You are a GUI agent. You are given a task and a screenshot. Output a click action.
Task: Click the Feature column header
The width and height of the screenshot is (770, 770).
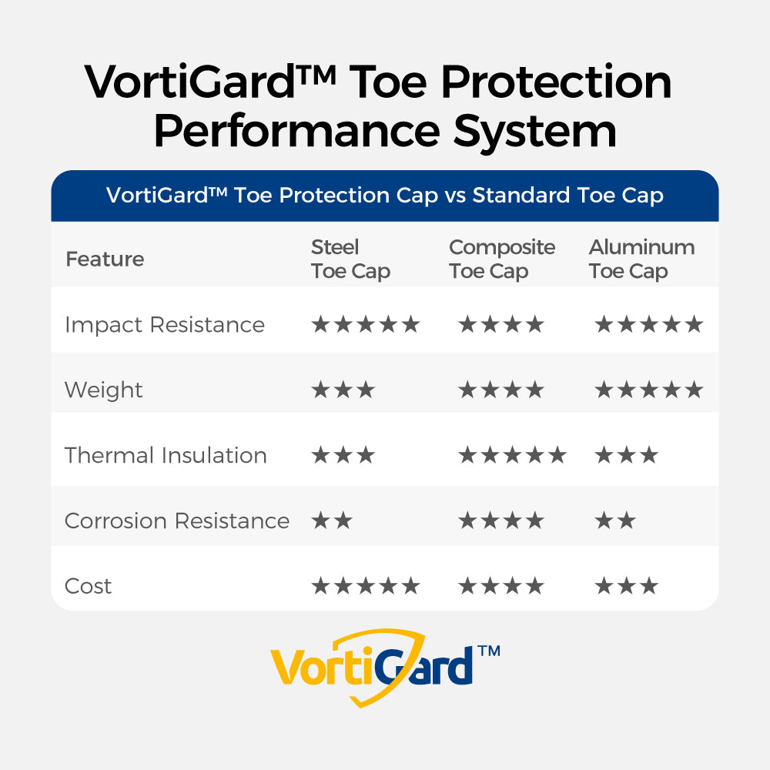(105, 259)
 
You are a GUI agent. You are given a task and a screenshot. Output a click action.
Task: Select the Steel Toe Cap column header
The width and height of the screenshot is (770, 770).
(350, 259)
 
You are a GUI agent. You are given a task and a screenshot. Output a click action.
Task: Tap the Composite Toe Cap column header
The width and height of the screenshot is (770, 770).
(502, 259)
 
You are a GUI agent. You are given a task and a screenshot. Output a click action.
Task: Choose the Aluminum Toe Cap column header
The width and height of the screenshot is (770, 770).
(642, 259)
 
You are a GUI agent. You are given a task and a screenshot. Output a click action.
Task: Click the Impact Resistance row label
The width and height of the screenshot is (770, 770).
(165, 325)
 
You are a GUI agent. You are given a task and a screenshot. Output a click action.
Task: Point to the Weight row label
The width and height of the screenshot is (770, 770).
(104, 390)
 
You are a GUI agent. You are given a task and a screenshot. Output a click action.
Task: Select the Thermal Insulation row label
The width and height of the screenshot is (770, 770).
(166, 455)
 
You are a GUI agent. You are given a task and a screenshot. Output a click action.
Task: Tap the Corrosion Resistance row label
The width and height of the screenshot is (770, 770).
(177, 521)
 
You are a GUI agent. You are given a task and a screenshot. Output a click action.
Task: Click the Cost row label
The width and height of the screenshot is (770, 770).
(89, 586)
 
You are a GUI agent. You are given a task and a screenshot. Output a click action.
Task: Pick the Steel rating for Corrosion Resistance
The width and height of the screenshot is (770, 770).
(332, 521)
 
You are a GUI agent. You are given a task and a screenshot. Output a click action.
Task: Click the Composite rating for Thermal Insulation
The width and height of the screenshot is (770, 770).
(512, 455)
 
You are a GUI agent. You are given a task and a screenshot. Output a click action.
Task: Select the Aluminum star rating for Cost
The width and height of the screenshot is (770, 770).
(627, 586)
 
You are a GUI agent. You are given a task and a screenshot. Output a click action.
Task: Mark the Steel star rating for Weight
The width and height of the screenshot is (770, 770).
(343, 390)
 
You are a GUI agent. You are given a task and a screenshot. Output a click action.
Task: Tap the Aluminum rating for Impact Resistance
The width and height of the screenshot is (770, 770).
(649, 325)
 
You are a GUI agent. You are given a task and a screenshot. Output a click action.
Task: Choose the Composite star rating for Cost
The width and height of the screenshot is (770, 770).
(501, 586)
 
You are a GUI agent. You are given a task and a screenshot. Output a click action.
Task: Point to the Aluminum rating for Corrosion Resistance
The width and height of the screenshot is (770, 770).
(615, 521)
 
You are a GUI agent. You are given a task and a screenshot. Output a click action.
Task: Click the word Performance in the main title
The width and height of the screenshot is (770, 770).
(297, 132)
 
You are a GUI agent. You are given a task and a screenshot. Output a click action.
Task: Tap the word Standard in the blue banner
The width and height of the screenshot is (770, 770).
(521, 195)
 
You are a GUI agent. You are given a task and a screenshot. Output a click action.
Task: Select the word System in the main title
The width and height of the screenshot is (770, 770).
(535, 132)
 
